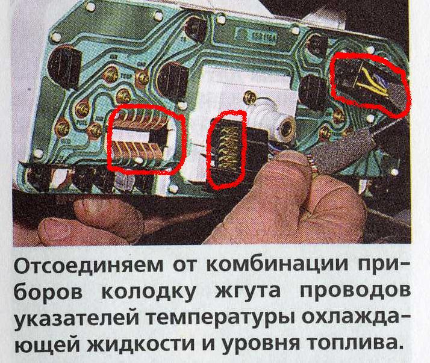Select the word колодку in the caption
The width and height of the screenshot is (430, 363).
click(149, 291)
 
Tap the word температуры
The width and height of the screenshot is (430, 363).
click(221, 319)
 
